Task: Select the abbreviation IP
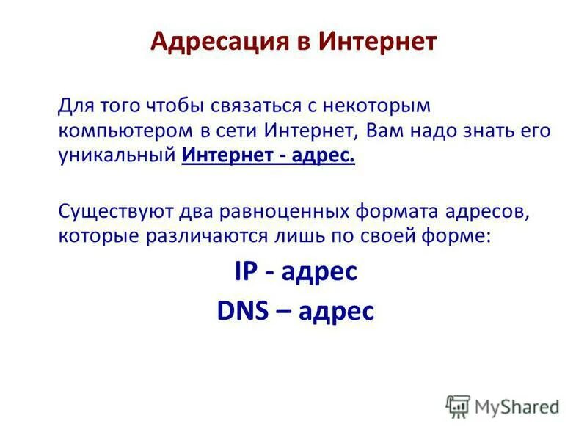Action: click(244, 272)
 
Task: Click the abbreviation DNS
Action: click(242, 310)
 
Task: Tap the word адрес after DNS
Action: click(335, 312)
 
